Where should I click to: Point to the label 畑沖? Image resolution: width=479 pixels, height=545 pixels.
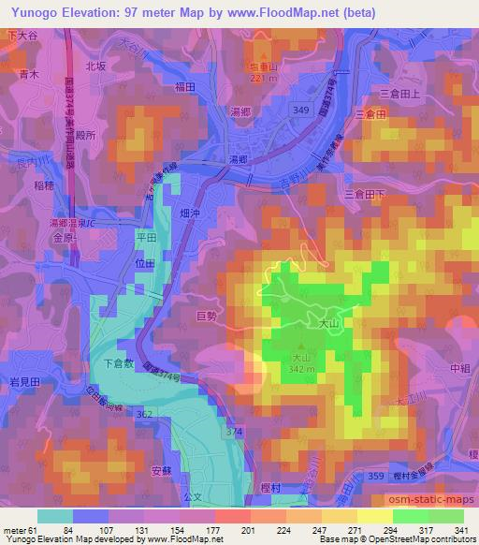point(190,214)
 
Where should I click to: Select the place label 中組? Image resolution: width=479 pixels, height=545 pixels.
point(458,368)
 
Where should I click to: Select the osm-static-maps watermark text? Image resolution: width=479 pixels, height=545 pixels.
point(436,501)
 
